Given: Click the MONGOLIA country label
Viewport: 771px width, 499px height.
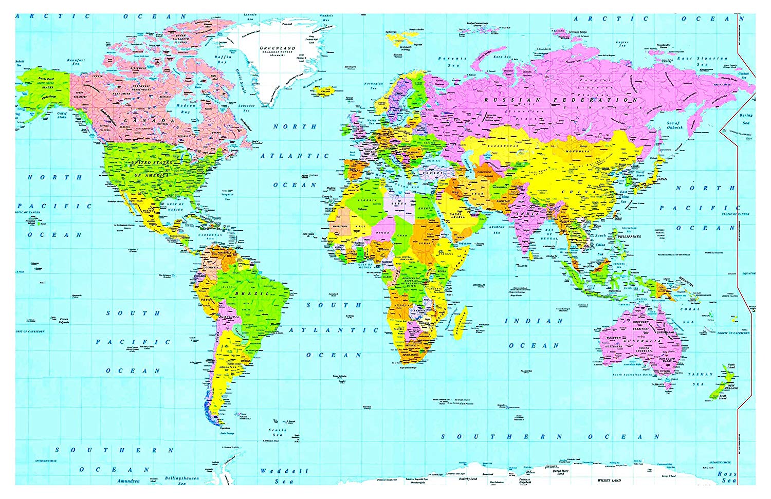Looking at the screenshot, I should tap(578, 151).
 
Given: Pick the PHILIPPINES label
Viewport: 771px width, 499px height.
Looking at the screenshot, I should tap(630, 236).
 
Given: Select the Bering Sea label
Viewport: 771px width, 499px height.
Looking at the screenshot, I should tap(746, 119).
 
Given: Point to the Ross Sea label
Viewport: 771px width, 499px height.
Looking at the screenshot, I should tap(727, 477).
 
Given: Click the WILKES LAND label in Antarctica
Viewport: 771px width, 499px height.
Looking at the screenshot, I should tap(609, 480).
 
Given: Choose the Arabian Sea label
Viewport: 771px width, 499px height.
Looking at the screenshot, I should tap(496, 229).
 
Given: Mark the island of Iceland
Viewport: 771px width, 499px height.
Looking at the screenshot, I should tap(324, 91).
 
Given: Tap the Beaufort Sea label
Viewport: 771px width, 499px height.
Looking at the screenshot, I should tap(76, 62).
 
